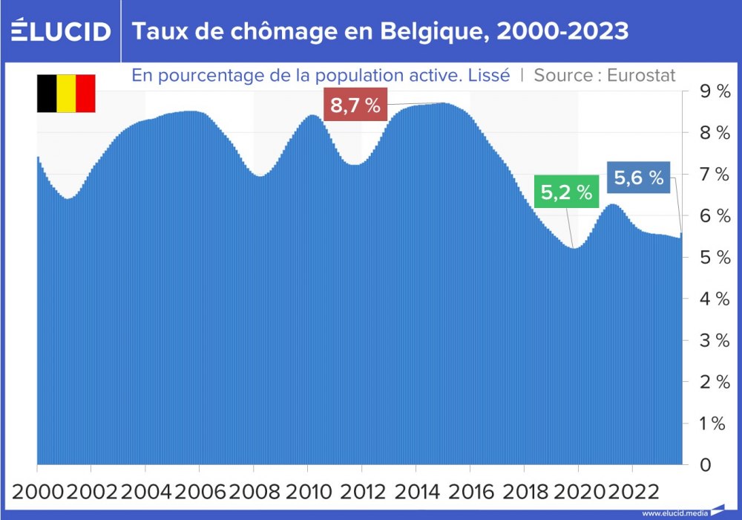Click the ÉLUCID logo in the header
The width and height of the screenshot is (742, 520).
61,31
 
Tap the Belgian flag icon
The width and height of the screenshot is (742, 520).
66,93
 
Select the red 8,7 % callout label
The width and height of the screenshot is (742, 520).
355,105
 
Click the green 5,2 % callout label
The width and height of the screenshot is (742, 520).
566,193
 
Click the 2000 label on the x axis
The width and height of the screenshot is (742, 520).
37,491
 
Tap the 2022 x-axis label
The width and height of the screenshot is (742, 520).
632,491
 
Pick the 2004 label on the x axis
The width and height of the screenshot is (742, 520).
145,491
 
